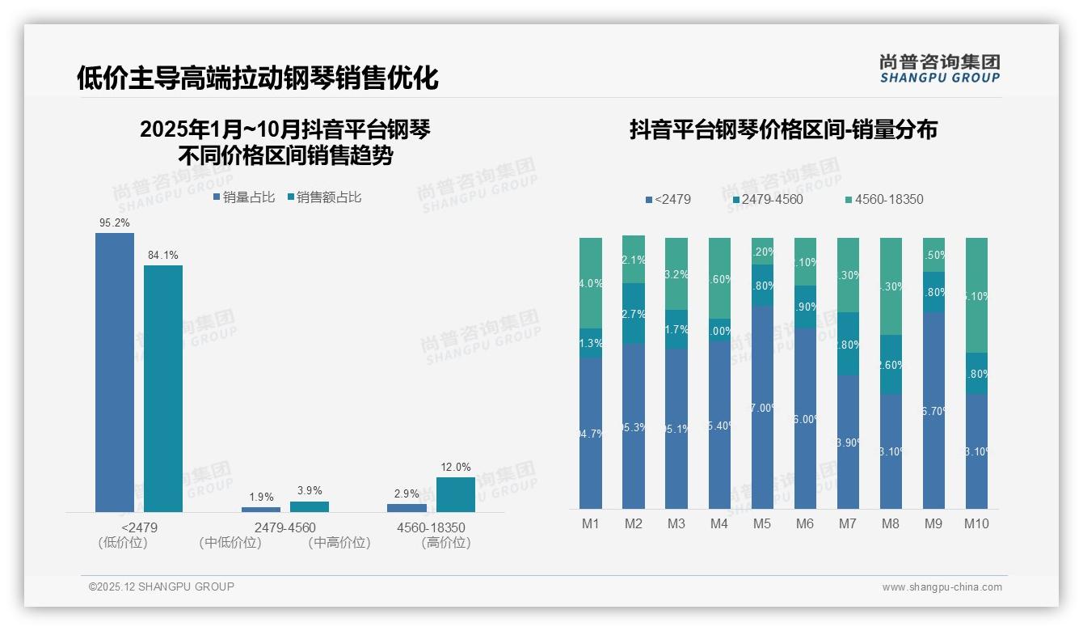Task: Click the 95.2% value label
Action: pos(115,222)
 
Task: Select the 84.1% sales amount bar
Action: pos(163,388)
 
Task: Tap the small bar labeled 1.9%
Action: pos(261,509)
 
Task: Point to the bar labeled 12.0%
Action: pos(456,494)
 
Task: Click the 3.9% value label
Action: pos(310,490)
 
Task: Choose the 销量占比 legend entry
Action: pos(244,197)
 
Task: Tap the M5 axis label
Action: pos(762,523)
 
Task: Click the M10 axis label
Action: pos(976,523)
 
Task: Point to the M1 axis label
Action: pos(591,523)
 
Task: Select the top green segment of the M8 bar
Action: pos(891,286)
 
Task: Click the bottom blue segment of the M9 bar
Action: pos(933,410)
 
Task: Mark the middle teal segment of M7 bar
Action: pos(848,344)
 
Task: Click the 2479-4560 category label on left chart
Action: pos(285,527)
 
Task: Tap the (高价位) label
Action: pos(445,543)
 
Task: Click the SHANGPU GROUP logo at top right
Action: pos(939,69)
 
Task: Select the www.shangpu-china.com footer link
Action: pos(942,587)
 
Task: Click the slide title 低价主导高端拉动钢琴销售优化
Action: pos(258,78)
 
